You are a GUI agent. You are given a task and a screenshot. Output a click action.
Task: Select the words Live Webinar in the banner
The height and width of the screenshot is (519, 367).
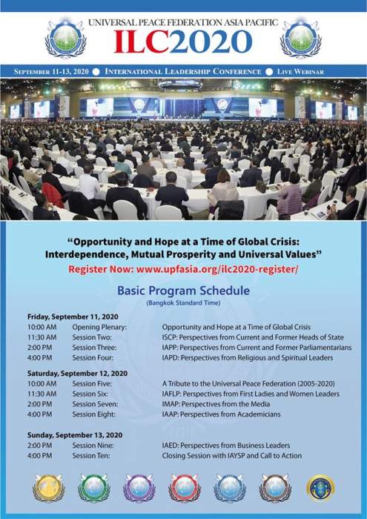(300, 71)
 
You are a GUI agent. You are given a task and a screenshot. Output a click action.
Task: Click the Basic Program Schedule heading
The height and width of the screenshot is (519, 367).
(184, 291)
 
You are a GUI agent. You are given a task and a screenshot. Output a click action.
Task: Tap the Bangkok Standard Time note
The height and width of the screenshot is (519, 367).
(184, 303)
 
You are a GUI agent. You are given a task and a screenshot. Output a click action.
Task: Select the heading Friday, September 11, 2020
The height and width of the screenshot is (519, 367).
(73, 317)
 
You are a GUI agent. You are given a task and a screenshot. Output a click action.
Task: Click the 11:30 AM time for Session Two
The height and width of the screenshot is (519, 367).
(42, 337)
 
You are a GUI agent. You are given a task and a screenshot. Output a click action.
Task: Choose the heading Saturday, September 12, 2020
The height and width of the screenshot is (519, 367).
(77, 374)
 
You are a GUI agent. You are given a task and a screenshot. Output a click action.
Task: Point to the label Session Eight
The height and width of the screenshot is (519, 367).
(94, 414)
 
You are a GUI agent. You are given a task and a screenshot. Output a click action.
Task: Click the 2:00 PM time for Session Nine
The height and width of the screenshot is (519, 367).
(40, 446)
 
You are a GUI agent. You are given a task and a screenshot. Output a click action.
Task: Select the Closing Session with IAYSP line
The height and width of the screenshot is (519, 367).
(231, 456)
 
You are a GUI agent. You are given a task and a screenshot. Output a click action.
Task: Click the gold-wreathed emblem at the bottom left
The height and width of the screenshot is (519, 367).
(49, 488)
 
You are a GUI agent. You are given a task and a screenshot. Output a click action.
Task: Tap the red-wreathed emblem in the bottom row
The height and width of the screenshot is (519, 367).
(185, 488)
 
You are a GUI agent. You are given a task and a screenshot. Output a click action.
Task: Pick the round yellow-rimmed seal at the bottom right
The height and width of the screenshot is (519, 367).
(321, 489)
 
